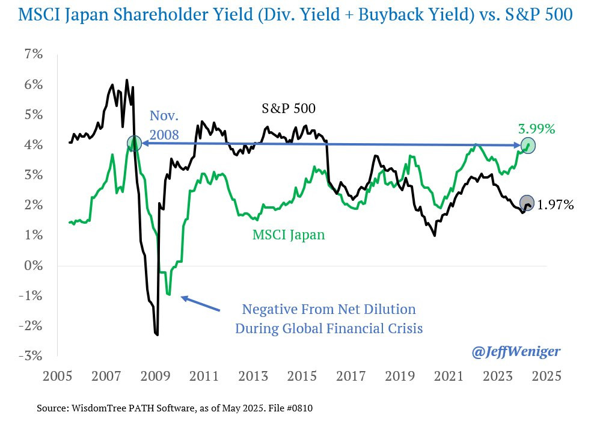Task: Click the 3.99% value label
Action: click(536, 129)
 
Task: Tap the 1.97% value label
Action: click(555, 205)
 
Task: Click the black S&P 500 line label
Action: click(289, 109)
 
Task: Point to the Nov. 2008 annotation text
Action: click(164, 125)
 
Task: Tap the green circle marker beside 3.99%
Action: click(528, 146)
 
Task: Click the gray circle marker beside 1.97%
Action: click(526, 202)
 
